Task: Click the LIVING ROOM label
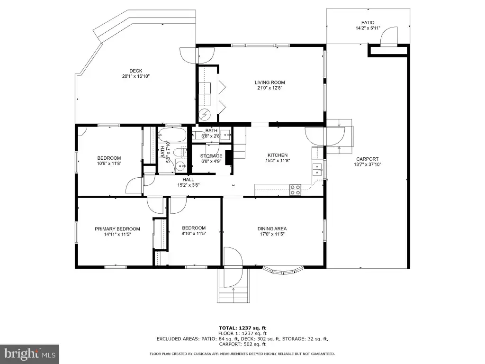tap(269, 82)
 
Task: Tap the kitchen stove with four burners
tap(295, 190)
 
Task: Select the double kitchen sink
tap(317, 169)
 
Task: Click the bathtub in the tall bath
tap(172, 135)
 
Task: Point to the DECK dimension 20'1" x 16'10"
tap(136, 76)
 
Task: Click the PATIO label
tap(368, 23)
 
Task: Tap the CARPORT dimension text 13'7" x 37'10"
tap(368, 164)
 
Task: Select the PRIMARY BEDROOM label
tap(117, 229)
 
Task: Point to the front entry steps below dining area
tap(234, 295)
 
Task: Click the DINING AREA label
tap(272, 229)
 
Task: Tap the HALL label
tap(188, 180)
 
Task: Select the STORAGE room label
tap(211, 155)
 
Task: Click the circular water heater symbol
tap(205, 115)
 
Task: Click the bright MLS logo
tap(30, 353)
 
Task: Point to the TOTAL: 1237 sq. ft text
tap(242, 328)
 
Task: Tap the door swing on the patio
tap(389, 36)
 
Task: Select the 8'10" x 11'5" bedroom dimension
tap(194, 233)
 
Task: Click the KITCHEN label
tap(278, 155)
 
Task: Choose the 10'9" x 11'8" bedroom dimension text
tap(109, 164)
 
